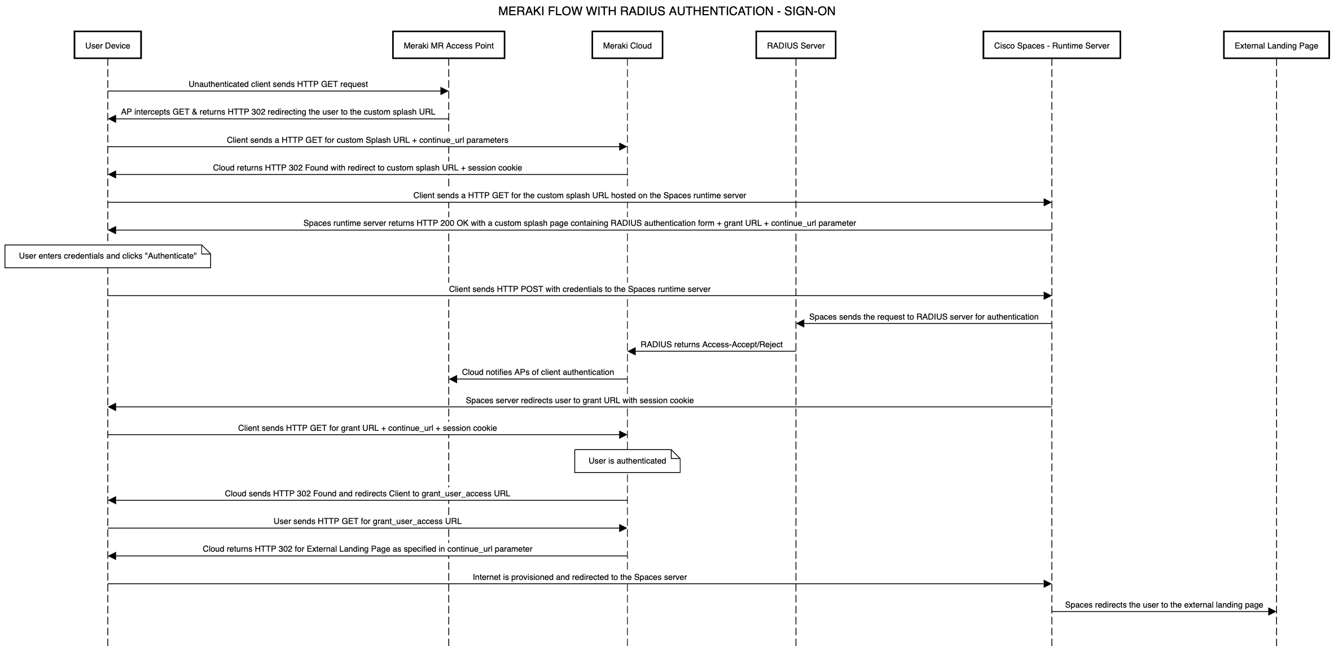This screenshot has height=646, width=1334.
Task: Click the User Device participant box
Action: pyautogui.click(x=107, y=45)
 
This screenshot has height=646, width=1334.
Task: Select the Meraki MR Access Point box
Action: pyautogui.click(x=448, y=45)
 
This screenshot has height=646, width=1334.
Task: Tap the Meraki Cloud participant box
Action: pyautogui.click(x=627, y=45)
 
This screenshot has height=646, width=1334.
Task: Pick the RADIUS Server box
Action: pyautogui.click(x=796, y=45)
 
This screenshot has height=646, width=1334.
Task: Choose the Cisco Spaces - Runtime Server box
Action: pyautogui.click(x=1051, y=45)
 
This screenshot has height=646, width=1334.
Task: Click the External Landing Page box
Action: pyautogui.click(x=1276, y=45)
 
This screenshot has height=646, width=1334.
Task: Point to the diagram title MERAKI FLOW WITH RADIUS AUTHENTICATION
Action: pyautogui.click(x=666, y=11)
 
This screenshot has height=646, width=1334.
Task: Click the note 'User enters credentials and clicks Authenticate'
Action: pyautogui.click(x=107, y=256)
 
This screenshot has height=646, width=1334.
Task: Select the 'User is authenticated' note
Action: pyautogui.click(x=627, y=461)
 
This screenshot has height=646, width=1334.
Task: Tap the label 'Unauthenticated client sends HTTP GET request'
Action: pyautogui.click(x=278, y=84)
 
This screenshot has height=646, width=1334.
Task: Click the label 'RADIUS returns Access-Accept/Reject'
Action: pyautogui.click(x=711, y=344)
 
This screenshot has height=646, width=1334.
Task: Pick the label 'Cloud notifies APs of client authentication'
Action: pyautogui.click(x=538, y=372)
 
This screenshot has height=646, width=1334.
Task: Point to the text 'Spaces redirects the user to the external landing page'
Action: pyautogui.click(x=1164, y=605)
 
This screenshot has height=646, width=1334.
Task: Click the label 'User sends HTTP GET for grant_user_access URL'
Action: pyautogui.click(x=367, y=521)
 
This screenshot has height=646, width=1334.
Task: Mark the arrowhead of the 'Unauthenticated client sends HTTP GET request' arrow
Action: pyautogui.click(x=444, y=91)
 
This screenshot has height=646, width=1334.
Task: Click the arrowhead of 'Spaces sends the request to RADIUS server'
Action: pyautogui.click(x=800, y=324)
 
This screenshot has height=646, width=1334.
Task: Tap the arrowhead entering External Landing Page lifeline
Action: pyautogui.click(x=1272, y=612)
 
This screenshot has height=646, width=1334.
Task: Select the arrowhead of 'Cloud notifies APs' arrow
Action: pyautogui.click(x=453, y=379)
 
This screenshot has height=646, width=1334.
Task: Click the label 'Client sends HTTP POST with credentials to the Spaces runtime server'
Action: pyautogui.click(x=580, y=289)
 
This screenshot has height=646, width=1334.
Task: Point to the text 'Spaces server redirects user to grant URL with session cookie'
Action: pyautogui.click(x=580, y=400)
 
